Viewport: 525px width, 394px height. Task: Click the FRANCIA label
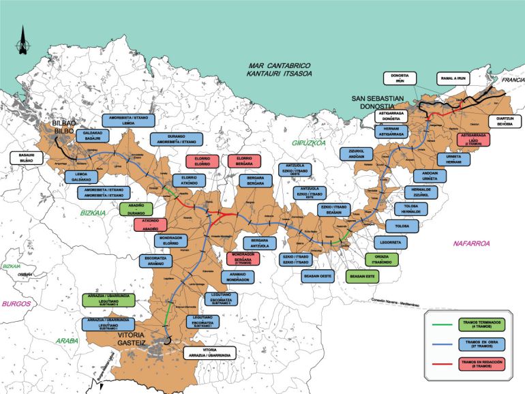[511, 80]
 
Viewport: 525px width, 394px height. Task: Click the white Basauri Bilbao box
[27, 159]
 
